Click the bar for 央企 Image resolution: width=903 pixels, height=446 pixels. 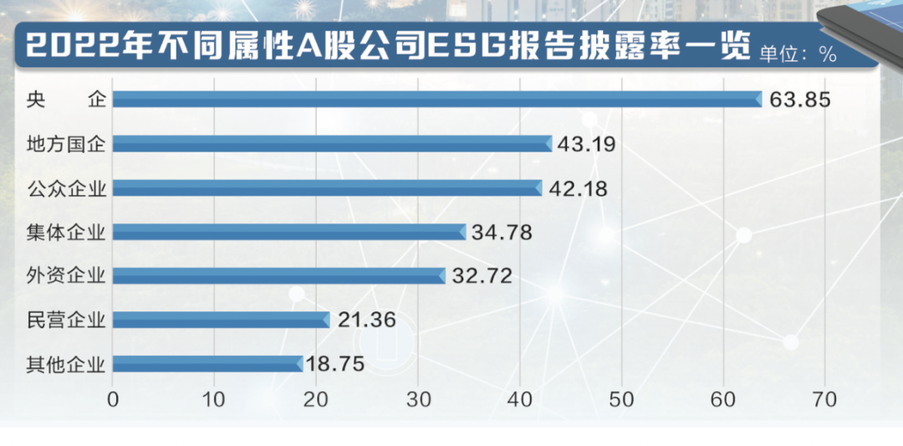coord(436,100)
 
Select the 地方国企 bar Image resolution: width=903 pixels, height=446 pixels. coord(332,144)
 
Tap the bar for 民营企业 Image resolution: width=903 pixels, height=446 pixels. coord(221,319)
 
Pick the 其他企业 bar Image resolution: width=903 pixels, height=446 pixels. coord(207,363)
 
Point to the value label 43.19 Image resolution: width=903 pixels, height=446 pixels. coord(586,144)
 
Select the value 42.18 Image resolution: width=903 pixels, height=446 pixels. coord(578,187)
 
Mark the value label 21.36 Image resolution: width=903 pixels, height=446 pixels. coord(365,319)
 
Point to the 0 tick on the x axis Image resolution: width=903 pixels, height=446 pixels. coord(114,400)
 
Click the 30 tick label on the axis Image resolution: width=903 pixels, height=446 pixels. coord(418,400)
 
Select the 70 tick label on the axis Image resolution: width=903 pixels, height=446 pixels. coord(824,400)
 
